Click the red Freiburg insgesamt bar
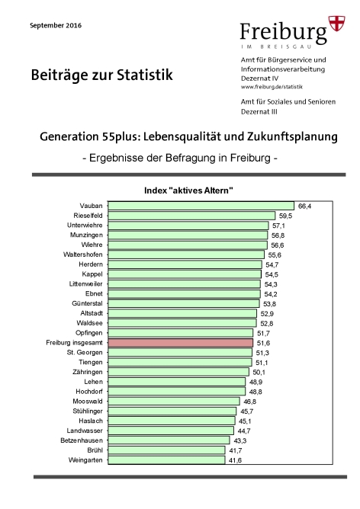180,343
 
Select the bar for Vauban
201,206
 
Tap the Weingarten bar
166,460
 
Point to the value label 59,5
285,216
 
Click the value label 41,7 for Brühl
235,450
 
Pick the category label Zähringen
88,372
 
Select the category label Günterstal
87,303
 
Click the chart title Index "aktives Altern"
189,190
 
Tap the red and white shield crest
337,24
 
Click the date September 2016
56,26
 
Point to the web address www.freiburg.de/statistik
272,87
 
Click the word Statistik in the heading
145,75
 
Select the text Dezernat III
259,112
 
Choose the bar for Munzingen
188,235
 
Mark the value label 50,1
259,373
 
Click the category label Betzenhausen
82,440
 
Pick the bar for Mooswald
174,402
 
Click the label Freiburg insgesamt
75,343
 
